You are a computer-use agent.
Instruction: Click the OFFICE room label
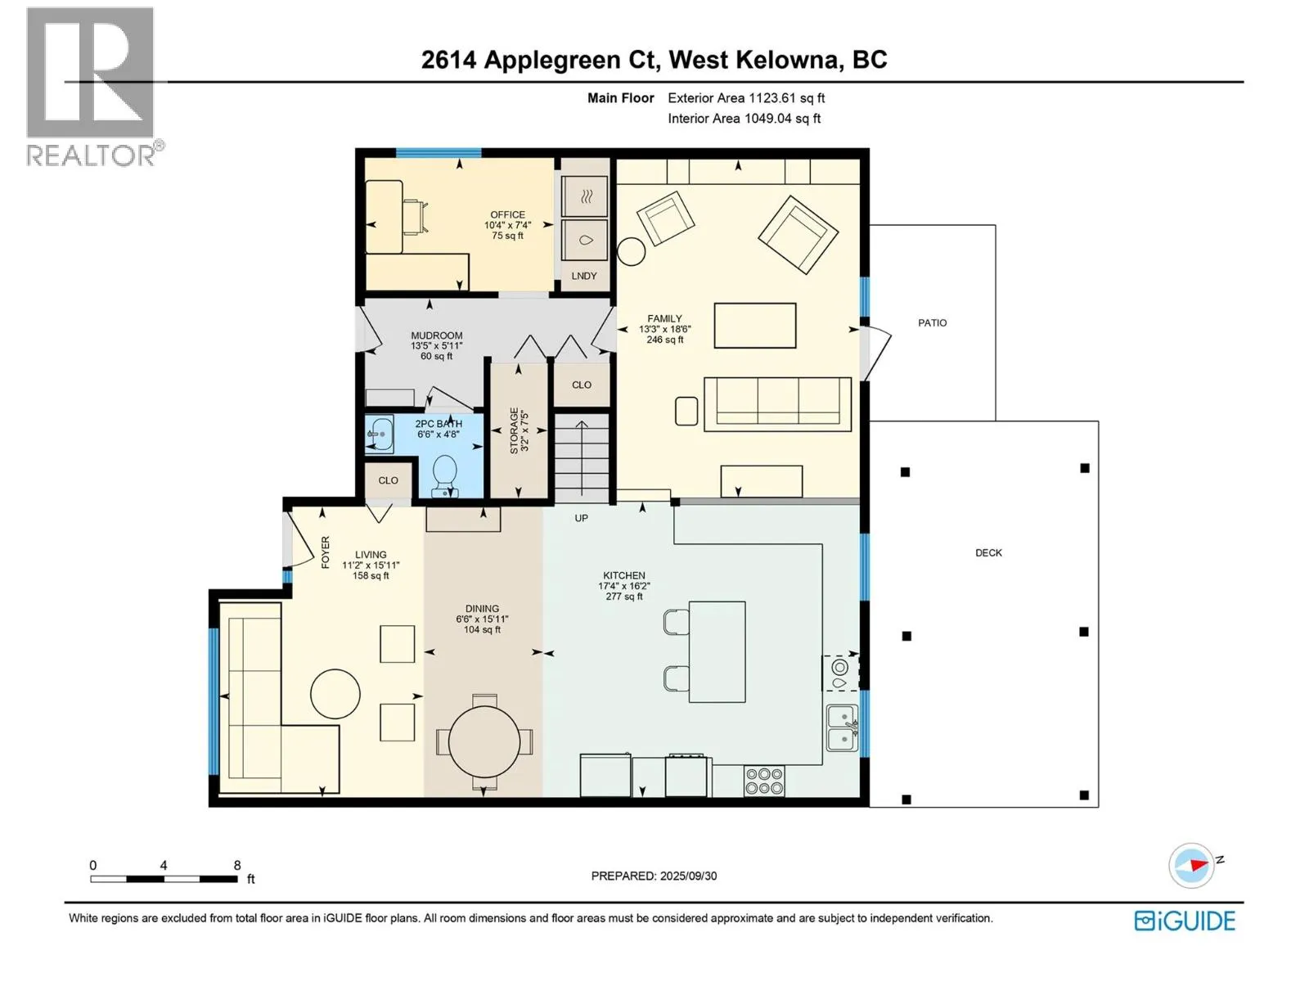(x=507, y=214)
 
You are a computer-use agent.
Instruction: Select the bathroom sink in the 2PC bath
(x=380, y=434)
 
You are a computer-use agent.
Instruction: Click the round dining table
(x=484, y=742)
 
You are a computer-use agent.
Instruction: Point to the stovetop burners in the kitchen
(x=764, y=781)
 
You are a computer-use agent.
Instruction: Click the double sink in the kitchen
(x=842, y=728)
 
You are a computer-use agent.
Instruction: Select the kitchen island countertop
(x=717, y=651)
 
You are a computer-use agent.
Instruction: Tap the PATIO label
(x=932, y=322)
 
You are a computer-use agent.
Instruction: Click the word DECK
(x=988, y=552)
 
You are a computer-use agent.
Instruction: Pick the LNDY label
(x=584, y=276)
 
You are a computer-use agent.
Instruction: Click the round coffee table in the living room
(x=335, y=694)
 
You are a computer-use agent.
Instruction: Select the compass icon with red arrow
(x=1191, y=865)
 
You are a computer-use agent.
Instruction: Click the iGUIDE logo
(x=1185, y=921)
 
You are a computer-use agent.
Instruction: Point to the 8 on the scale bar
(x=237, y=865)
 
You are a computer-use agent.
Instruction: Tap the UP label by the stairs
(x=581, y=518)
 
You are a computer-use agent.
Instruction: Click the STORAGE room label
(x=514, y=431)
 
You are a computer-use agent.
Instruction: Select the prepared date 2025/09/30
(x=688, y=876)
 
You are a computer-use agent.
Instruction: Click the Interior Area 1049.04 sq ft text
(x=744, y=119)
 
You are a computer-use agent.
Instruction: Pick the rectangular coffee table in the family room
(x=754, y=326)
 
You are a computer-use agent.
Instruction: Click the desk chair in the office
(x=416, y=218)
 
